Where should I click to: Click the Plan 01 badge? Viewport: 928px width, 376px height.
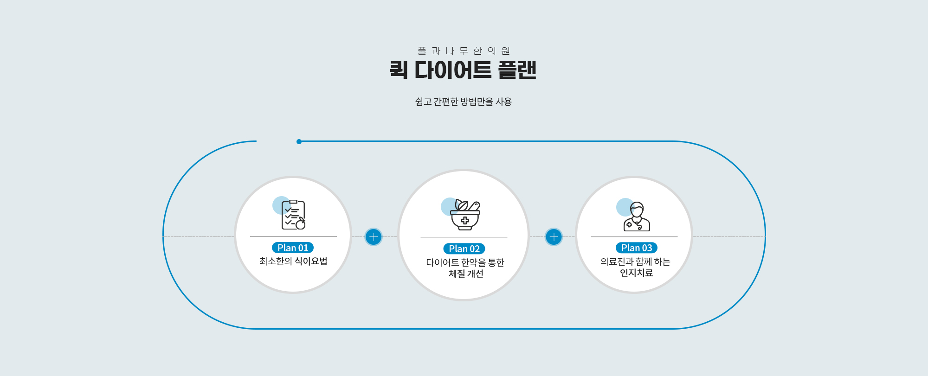(293, 248)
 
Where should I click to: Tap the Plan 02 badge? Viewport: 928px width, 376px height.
(464, 249)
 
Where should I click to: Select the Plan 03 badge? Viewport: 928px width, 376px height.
(637, 248)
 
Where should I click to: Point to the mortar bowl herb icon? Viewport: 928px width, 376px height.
(465, 215)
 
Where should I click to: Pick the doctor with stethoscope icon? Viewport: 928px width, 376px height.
(637, 217)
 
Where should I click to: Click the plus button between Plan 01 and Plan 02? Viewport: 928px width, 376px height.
(374, 237)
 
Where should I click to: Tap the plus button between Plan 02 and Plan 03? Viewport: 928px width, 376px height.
(554, 237)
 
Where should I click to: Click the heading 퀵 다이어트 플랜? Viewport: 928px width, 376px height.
(463, 70)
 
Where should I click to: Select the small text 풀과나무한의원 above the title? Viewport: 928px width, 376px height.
(464, 51)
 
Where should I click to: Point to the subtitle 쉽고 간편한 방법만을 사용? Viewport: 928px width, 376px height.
(464, 102)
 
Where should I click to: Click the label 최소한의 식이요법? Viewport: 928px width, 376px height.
(293, 261)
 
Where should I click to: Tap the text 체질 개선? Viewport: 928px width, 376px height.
(466, 274)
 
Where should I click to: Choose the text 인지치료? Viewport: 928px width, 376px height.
(637, 273)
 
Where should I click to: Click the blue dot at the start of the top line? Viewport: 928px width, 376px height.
(299, 141)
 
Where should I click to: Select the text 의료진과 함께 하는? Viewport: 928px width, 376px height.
(635, 262)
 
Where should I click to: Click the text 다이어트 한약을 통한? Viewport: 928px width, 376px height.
(465, 262)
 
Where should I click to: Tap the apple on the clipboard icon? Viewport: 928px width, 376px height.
(301, 224)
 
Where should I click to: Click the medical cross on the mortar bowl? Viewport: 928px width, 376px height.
(465, 221)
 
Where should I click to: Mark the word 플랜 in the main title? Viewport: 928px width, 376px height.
(517, 70)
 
